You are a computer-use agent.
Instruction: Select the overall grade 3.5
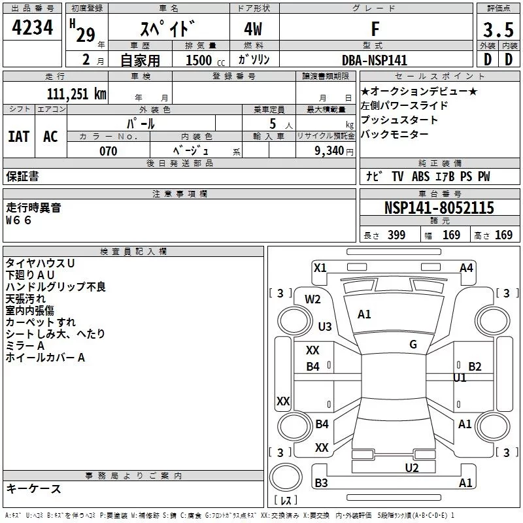497,31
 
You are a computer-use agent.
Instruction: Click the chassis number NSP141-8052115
439,209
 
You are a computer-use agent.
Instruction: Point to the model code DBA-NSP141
375,60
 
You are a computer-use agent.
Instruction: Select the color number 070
108,151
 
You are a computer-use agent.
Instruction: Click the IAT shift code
18,136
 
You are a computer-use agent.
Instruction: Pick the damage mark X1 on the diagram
320,267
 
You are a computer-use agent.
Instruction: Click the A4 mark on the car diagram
466,267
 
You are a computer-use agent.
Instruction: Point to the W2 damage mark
313,299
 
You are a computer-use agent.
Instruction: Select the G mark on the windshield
413,345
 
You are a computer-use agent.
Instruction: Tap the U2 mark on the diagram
411,467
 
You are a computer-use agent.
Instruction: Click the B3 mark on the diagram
321,483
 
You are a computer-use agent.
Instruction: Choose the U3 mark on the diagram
324,326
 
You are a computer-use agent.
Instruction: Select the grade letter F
375,30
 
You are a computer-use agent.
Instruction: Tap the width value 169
451,235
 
